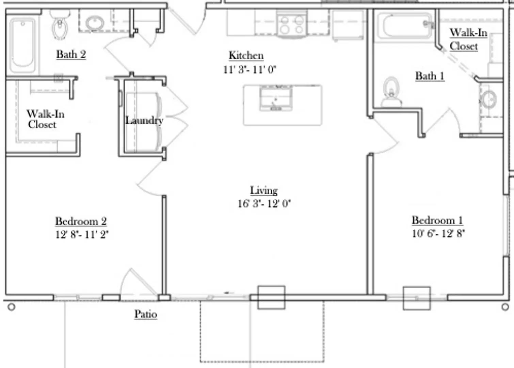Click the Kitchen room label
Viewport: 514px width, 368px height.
click(x=246, y=55)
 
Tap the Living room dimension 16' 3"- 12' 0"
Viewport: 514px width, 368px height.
click(x=264, y=203)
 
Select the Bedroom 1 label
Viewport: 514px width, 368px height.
click(x=437, y=220)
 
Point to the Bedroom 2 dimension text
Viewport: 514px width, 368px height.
click(x=82, y=234)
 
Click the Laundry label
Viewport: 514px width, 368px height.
click(x=144, y=120)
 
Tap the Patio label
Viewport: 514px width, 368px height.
click(x=145, y=314)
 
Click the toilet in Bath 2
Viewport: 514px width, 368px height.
click(x=60, y=25)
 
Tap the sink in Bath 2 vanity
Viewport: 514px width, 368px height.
click(x=95, y=23)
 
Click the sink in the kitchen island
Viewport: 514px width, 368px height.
click(x=276, y=98)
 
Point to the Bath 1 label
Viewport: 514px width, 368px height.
click(x=430, y=76)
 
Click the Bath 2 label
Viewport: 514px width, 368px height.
click(x=71, y=54)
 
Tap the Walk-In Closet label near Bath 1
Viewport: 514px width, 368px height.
click(x=468, y=39)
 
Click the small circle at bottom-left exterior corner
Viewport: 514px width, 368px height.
click(x=11, y=307)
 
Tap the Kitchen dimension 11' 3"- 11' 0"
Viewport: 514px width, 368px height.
click(x=249, y=70)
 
